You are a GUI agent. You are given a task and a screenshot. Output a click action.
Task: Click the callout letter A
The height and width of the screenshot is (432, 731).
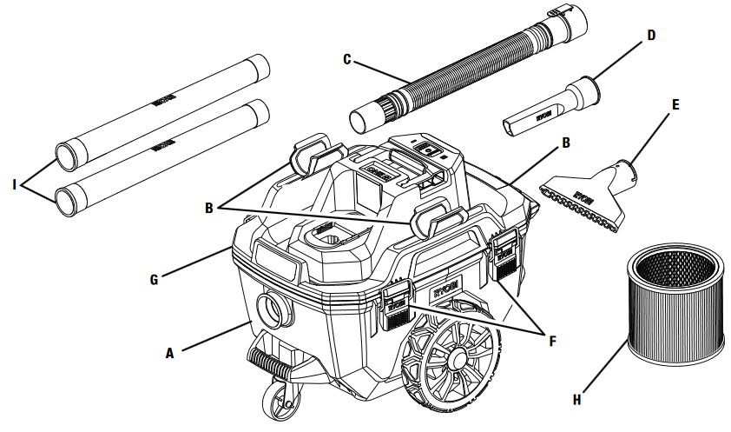click(x=171, y=354)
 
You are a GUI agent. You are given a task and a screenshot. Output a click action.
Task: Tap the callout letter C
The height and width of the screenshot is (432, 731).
click(x=347, y=59)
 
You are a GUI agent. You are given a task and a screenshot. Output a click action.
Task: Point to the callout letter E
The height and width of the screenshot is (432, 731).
click(x=675, y=104)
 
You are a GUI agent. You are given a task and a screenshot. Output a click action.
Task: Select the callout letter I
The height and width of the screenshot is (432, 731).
click(x=15, y=184)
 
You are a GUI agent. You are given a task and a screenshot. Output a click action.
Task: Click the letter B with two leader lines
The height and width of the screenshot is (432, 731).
click(x=208, y=208)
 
